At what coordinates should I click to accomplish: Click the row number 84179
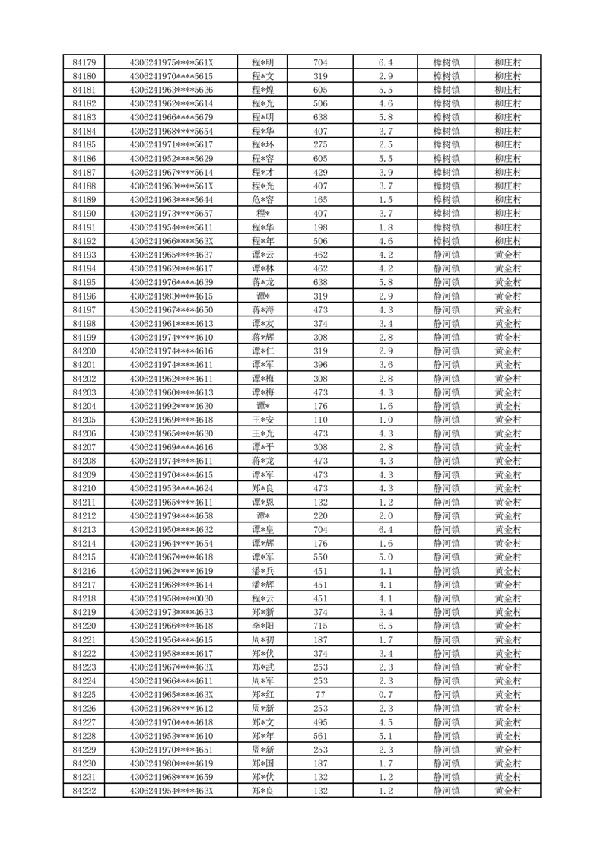point(84,62)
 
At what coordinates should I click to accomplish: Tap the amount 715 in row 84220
point(320,626)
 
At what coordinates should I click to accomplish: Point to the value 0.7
point(385,695)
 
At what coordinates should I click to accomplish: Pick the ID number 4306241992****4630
point(171,406)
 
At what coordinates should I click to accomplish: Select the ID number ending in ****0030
point(171,598)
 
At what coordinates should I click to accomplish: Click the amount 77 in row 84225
point(320,695)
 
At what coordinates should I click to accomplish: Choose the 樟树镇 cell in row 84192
point(446,241)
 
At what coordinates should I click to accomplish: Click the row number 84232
point(84,791)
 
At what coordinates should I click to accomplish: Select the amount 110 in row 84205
point(320,420)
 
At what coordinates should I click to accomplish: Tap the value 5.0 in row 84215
point(385,557)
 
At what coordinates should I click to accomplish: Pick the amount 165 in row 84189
point(320,200)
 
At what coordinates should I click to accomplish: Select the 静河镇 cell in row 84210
point(446,488)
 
